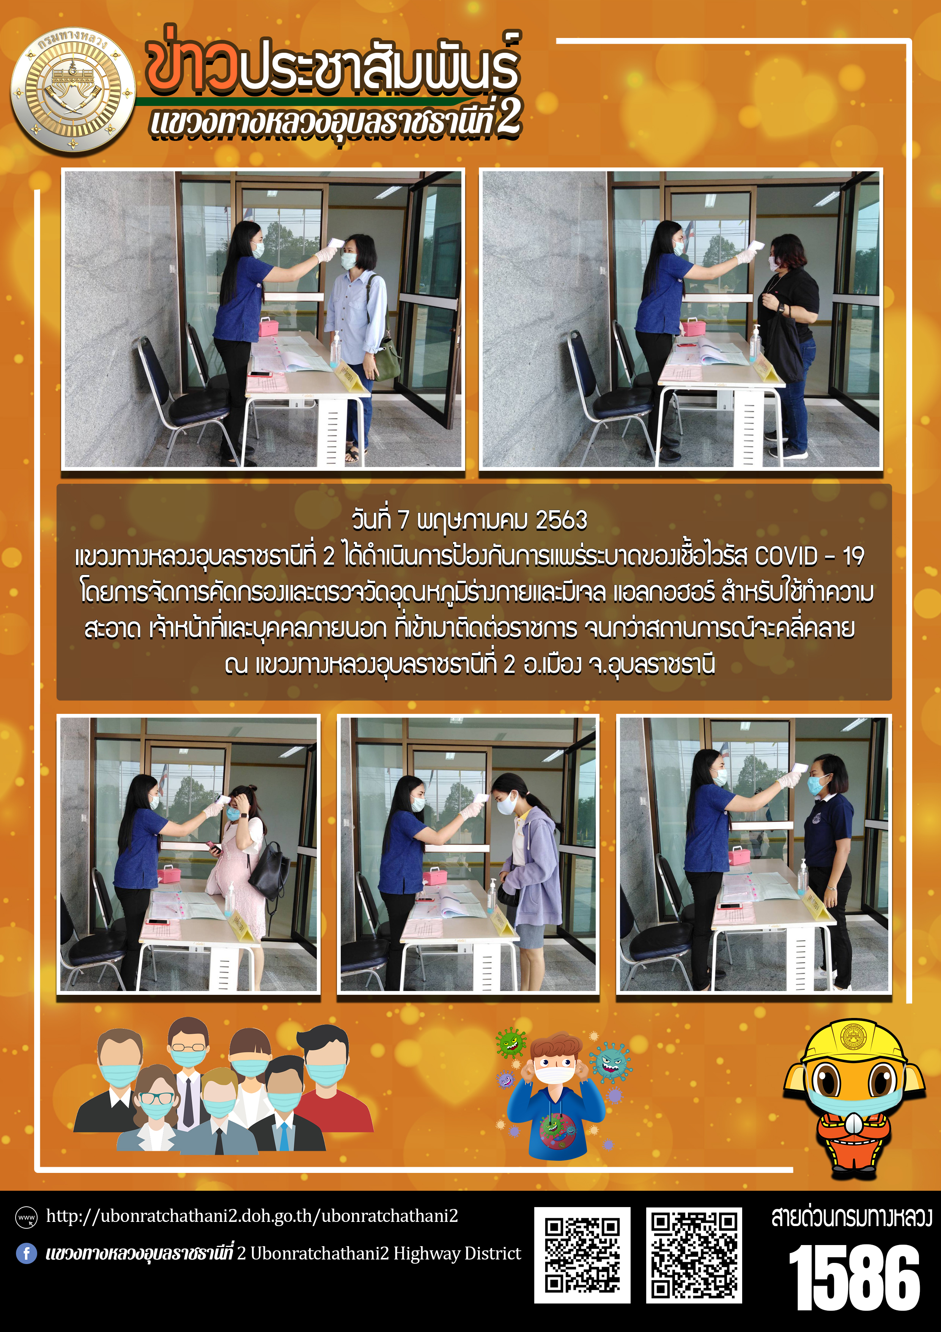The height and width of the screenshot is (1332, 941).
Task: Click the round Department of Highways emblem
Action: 73,90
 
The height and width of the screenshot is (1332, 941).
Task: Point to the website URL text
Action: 252,1216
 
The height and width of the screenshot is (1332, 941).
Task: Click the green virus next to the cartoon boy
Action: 511,1043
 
